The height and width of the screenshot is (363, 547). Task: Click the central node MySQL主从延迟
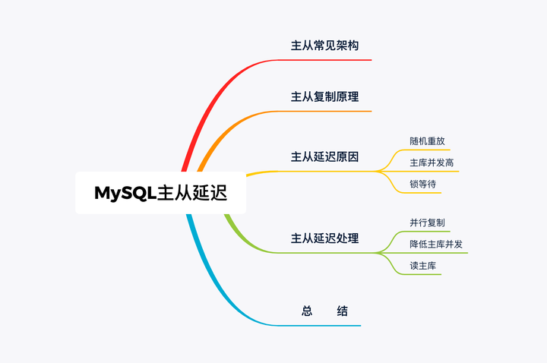click(x=160, y=193)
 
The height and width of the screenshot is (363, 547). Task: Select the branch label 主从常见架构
click(x=324, y=46)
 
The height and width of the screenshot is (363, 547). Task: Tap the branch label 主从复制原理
click(x=324, y=97)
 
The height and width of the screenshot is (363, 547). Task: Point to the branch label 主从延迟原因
click(x=324, y=157)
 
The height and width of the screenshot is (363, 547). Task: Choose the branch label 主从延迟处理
click(x=324, y=238)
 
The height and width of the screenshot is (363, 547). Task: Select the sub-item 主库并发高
click(x=432, y=163)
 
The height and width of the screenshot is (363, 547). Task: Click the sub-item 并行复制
click(x=426, y=223)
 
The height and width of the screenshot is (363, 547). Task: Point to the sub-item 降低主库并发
click(x=435, y=244)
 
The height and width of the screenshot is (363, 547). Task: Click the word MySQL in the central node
click(x=125, y=193)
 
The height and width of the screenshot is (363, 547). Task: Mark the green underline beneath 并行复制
click(x=429, y=232)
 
